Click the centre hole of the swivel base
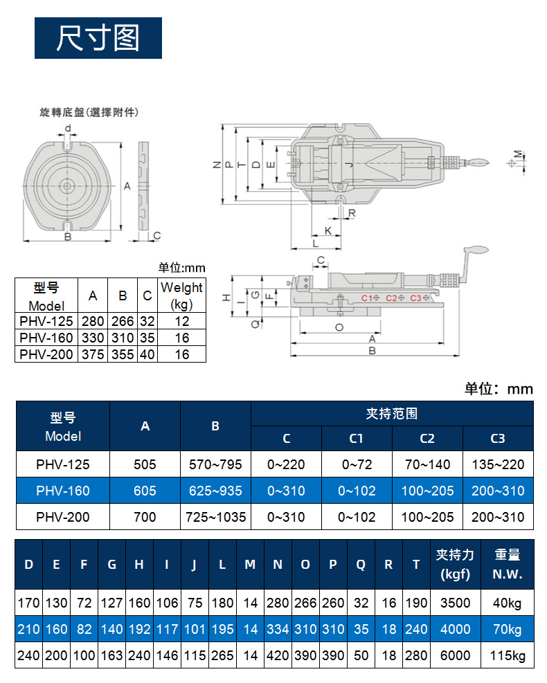coord(67,185)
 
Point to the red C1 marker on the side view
coord(368,298)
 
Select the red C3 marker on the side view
coord(416,298)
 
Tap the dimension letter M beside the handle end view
coord(517,154)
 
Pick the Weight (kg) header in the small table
coord(181,295)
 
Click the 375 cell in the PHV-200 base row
coord(92,354)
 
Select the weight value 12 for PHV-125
coord(182,321)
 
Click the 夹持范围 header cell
coord(392,414)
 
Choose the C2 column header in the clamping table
coord(427,438)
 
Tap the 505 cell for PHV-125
coord(145,464)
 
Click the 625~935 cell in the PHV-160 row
coord(215,491)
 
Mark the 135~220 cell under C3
coord(498,464)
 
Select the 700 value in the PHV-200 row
coord(145,516)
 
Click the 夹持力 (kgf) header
coord(455,564)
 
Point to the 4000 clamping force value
coord(455,629)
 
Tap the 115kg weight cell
coord(508,655)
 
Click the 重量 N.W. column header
coord(508,564)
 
